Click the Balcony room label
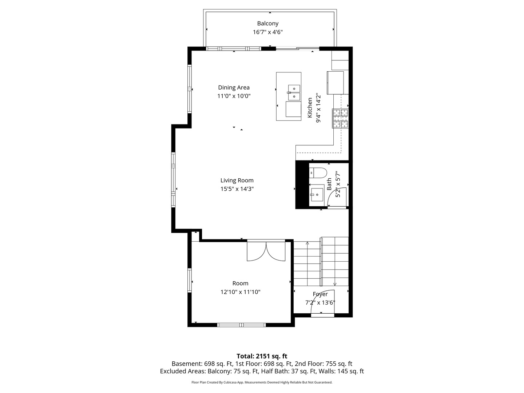(267, 24)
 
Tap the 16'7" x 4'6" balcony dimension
(267, 32)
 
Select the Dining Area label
(234, 87)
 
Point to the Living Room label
(237, 180)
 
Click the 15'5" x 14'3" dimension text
(237, 189)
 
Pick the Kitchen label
(310, 107)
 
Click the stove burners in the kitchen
(340, 119)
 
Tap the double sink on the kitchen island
(294, 92)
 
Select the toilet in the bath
(318, 172)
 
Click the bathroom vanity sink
(317, 195)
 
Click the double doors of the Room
(266, 251)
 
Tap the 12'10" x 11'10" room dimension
(240, 292)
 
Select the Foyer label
(320, 294)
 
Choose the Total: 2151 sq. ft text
(262, 356)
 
